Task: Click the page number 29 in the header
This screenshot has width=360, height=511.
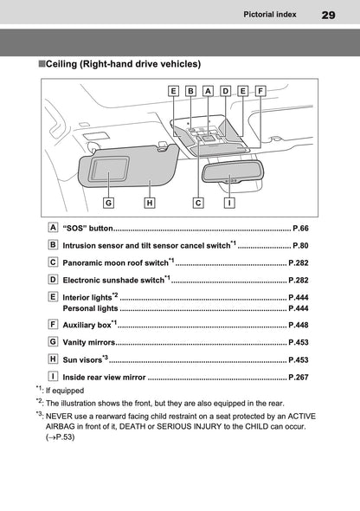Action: (x=328, y=15)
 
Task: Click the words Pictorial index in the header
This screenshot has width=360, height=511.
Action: (x=272, y=15)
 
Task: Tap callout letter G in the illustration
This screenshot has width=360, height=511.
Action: (x=108, y=203)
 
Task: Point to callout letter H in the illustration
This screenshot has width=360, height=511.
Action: (x=150, y=203)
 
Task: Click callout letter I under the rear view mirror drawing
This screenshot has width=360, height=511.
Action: (x=228, y=203)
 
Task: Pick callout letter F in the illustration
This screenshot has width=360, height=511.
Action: (x=260, y=90)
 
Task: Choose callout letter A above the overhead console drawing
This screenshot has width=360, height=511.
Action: (x=208, y=90)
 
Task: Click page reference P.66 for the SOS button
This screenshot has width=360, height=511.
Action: (x=300, y=229)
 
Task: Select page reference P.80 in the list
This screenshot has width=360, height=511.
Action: (x=300, y=246)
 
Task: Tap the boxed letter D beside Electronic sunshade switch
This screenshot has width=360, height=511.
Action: (x=54, y=279)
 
